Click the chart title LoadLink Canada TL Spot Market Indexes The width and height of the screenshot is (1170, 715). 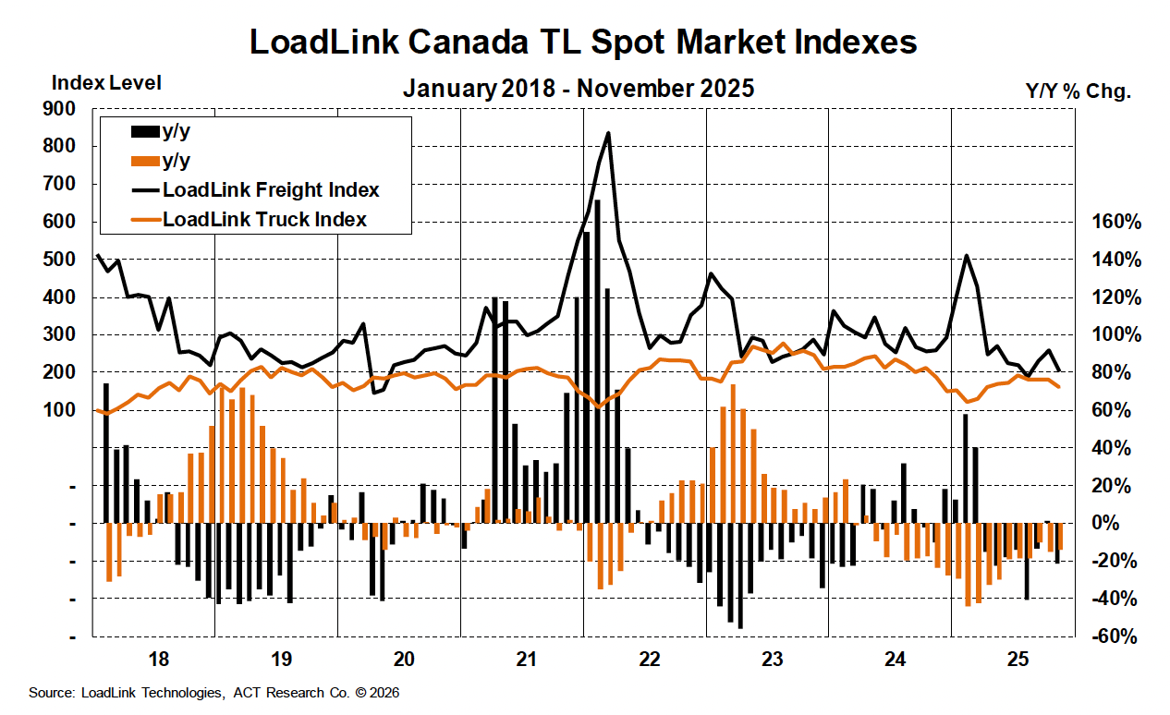(584, 42)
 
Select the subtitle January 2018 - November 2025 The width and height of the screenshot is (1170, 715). (579, 89)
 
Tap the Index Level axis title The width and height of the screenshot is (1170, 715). (106, 82)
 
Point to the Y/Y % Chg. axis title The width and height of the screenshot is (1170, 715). (1079, 91)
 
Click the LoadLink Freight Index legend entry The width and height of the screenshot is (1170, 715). (271, 190)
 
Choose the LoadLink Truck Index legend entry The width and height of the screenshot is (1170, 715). (264, 220)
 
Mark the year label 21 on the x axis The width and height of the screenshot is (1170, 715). (525, 660)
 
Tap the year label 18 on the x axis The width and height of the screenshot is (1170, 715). (157, 660)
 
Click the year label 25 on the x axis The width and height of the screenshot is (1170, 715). (1017, 660)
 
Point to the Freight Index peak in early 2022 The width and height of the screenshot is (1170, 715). (608, 133)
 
